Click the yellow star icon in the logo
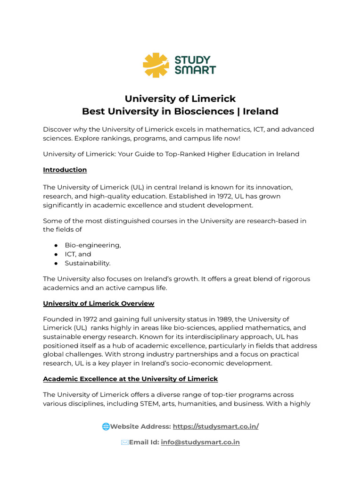156,65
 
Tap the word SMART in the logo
195,70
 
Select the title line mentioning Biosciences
180,111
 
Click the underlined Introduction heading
65,169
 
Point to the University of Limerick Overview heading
99,303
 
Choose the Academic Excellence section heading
131,379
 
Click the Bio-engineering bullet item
93,245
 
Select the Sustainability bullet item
88,263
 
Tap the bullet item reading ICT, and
78,254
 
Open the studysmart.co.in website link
216,426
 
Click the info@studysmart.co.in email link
200,442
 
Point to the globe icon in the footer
106,426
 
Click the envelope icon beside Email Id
124,442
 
